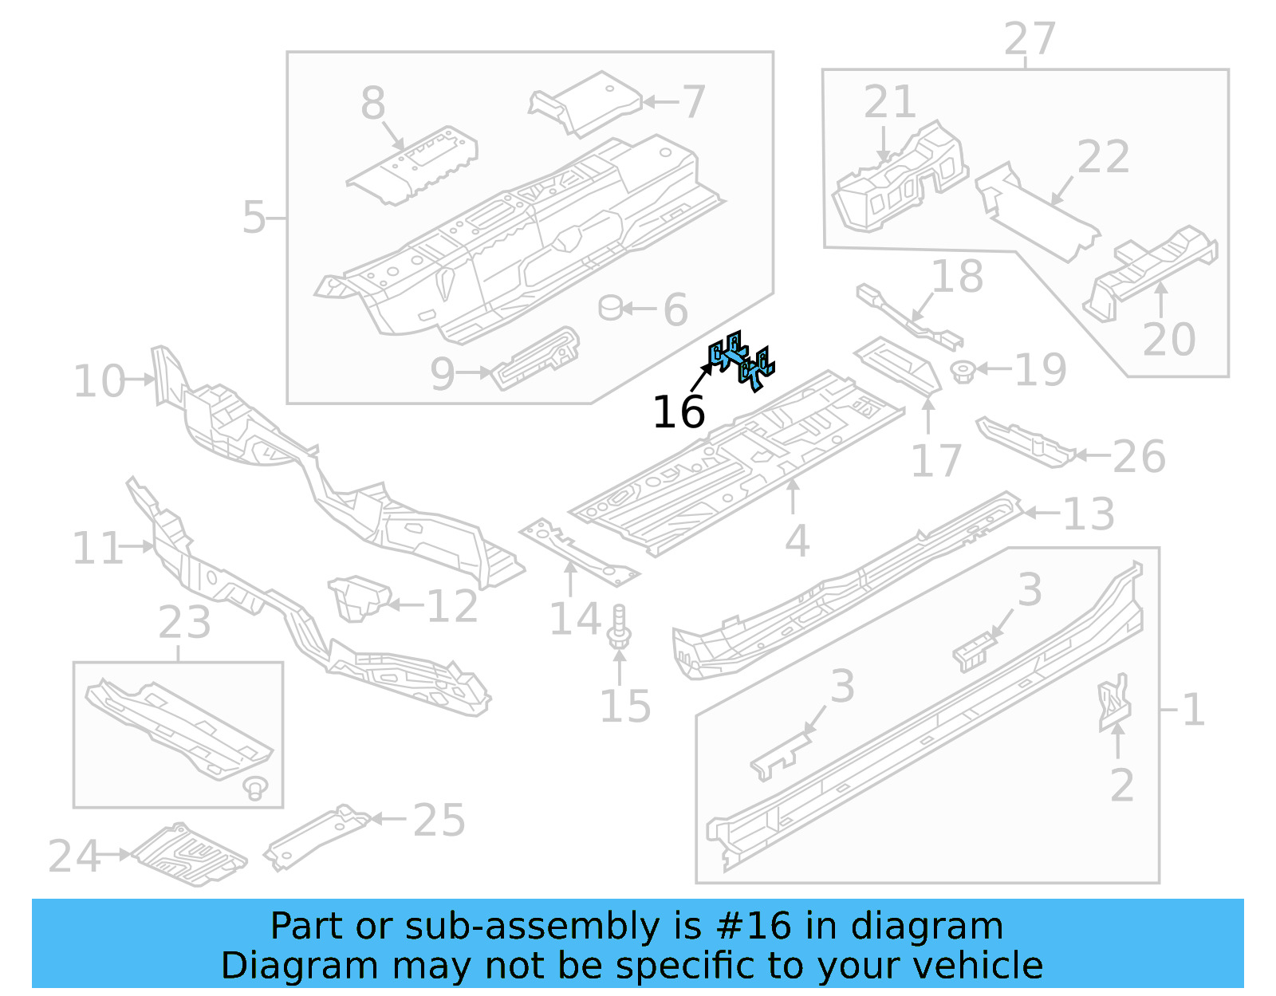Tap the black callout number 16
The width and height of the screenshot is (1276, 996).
click(679, 412)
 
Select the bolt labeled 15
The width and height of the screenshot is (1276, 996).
click(619, 627)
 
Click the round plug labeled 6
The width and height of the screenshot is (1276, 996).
click(610, 308)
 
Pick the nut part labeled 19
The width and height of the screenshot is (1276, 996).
click(963, 371)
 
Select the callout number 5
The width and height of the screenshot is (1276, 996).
click(254, 218)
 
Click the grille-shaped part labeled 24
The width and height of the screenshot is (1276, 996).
click(190, 855)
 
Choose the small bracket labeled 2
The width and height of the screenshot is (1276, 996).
click(1114, 702)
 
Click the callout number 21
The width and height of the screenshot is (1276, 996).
click(890, 102)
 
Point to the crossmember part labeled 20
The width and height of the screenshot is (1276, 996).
click(1152, 270)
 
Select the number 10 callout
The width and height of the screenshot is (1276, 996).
click(100, 381)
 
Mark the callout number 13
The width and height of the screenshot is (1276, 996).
click(1089, 514)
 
